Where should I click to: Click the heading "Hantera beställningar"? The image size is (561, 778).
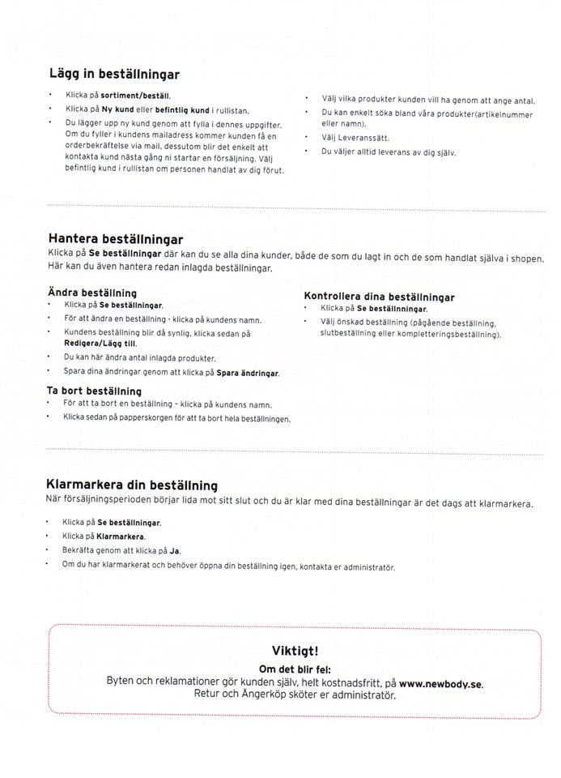115,240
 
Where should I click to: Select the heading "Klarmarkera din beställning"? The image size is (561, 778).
132,485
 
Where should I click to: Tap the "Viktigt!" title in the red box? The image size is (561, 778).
295,650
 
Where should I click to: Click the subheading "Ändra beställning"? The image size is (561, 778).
92,293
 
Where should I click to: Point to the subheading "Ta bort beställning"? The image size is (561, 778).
95,391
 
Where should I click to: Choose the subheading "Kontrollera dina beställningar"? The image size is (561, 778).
379,297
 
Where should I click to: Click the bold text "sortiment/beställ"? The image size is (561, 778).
135,95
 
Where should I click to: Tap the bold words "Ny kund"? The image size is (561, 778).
117,109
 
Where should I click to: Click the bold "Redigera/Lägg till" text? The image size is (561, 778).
95,344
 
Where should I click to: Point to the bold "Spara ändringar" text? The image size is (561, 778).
249,373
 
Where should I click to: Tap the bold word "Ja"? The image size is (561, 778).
174,550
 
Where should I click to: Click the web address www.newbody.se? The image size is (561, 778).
440,683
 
